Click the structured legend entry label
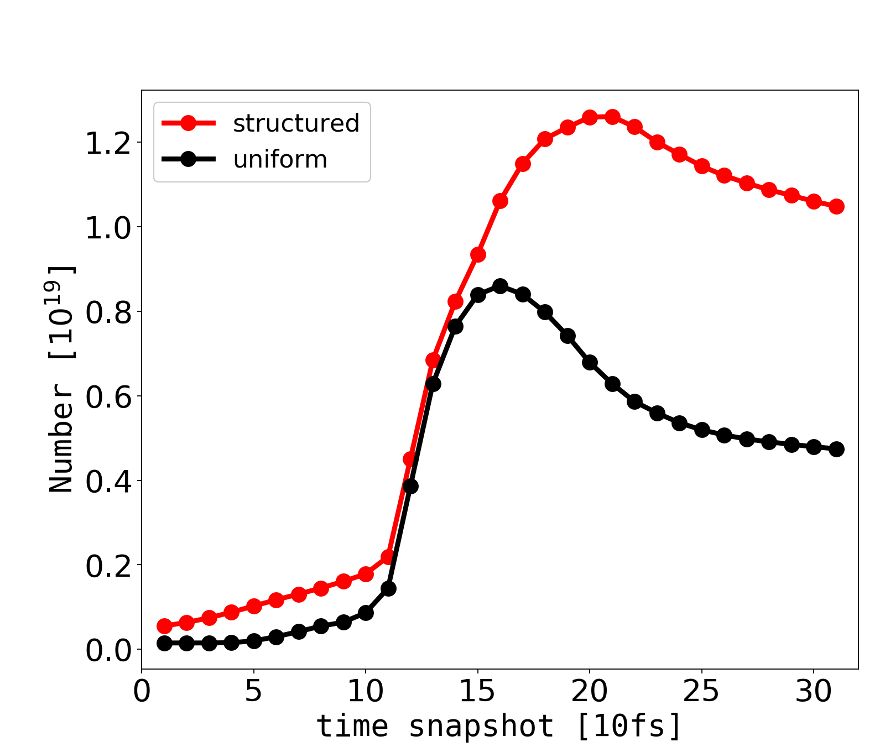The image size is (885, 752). pos(296,123)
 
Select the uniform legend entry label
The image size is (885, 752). pos(280,160)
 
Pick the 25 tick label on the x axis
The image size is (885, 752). pos(701,692)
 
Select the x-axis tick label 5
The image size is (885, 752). pos(253,692)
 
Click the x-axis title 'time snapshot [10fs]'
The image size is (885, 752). pos(499,726)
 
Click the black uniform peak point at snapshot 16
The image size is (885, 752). pos(500,286)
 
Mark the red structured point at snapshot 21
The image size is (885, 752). pos(612,117)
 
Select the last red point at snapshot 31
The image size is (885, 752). pos(836,206)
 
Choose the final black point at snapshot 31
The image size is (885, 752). pos(836,449)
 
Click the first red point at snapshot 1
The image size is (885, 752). pos(164,626)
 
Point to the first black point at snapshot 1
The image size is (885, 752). pos(164,643)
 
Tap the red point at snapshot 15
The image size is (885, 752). pos(478,254)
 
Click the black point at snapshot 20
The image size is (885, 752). pos(590,363)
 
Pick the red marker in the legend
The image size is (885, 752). pos(188,123)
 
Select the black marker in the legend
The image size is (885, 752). pos(188,160)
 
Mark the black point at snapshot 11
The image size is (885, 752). pos(388,588)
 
